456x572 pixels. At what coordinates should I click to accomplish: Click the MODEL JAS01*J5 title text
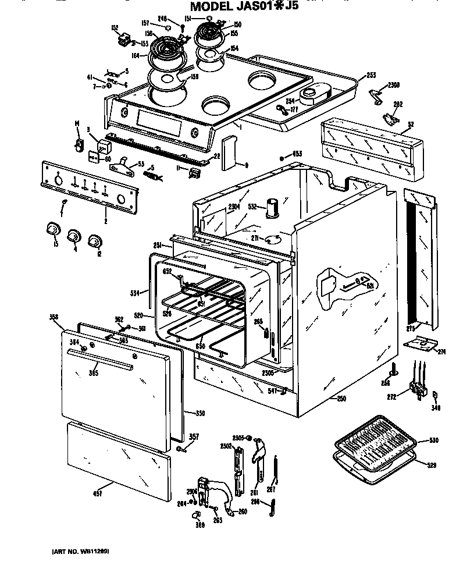point(251,6)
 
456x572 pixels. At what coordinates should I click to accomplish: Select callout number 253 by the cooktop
point(370,76)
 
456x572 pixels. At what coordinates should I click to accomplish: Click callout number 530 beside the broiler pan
point(433,440)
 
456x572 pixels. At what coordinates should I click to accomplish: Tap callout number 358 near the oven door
point(54,317)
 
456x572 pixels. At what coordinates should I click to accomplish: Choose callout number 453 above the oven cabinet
point(297,154)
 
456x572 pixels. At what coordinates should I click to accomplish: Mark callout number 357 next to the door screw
point(194,436)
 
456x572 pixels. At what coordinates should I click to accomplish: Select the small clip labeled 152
point(123,41)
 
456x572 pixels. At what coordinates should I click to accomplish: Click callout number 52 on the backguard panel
point(411,124)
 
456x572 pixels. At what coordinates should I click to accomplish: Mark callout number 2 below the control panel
point(105,221)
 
